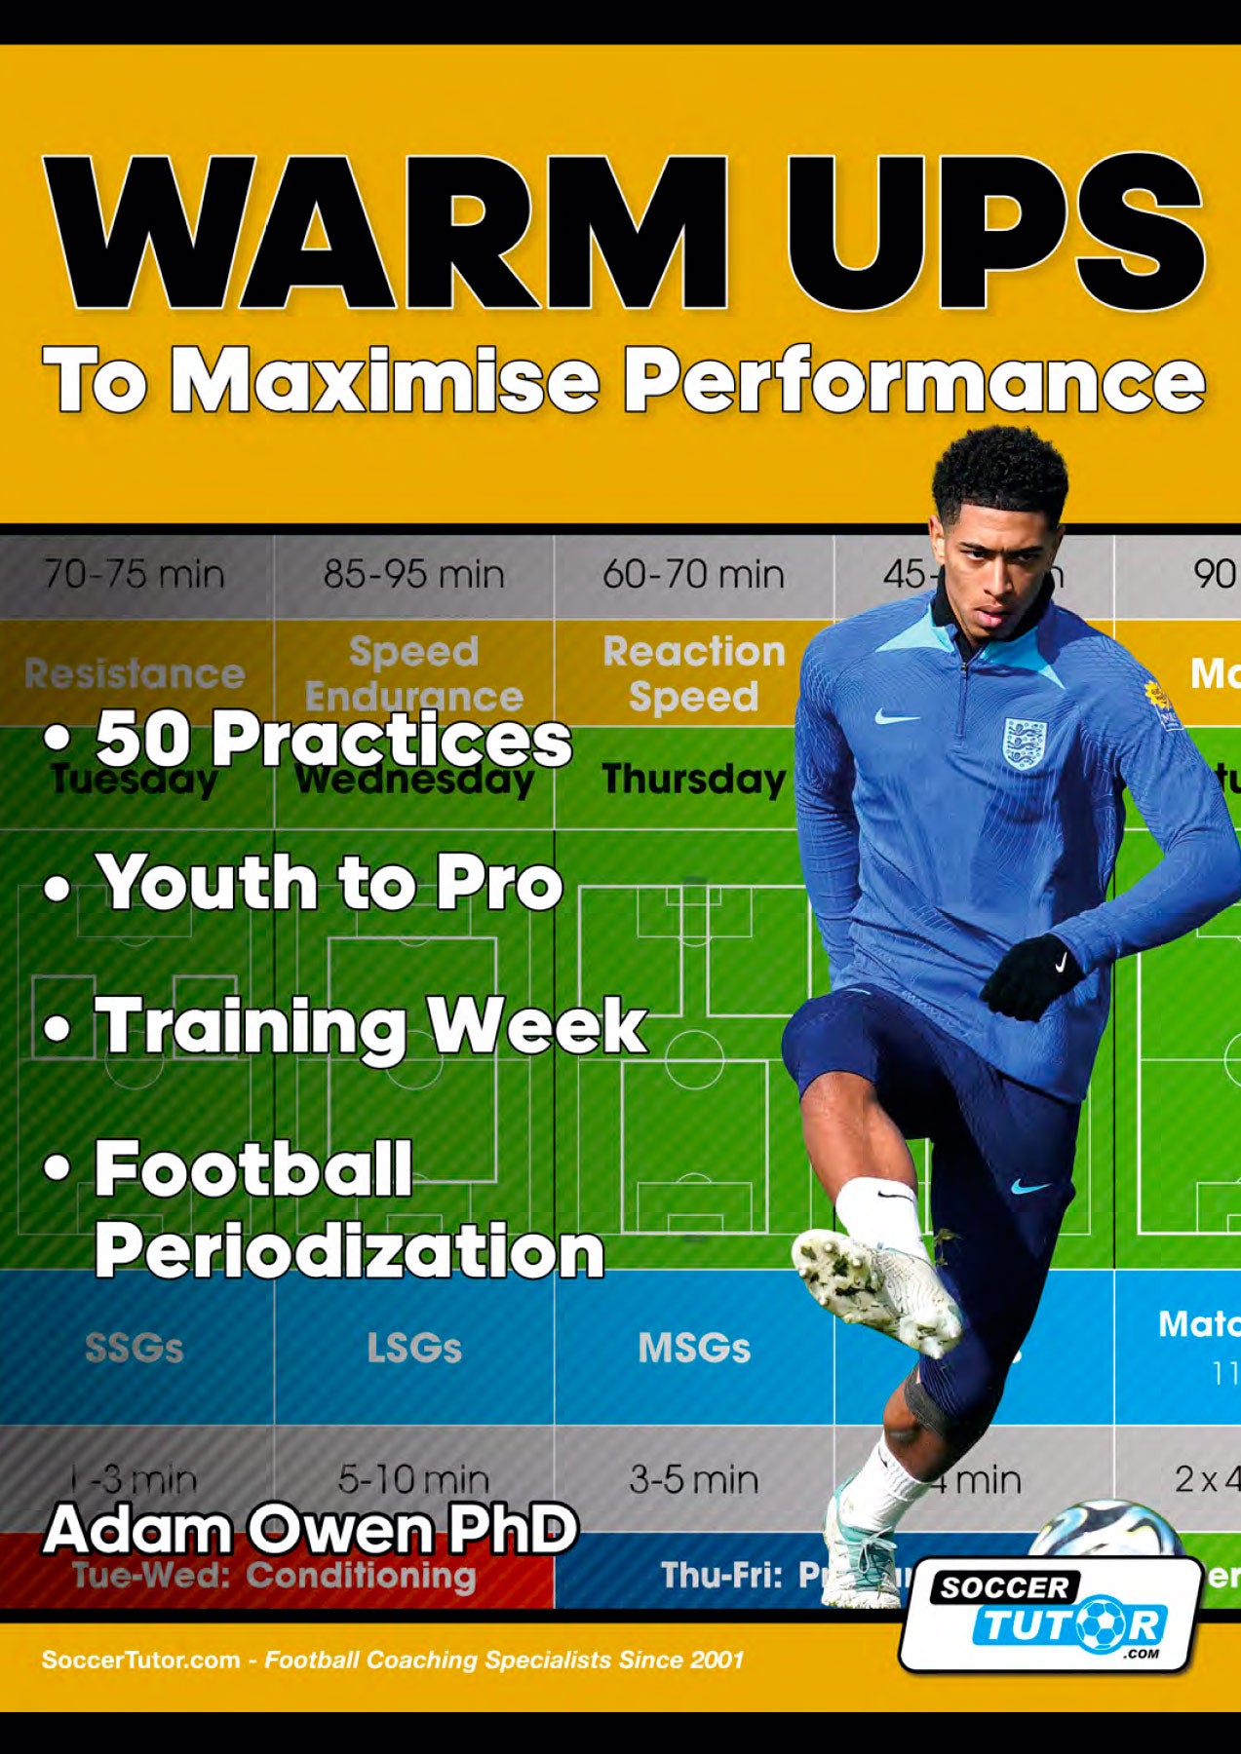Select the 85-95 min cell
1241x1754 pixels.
(414, 574)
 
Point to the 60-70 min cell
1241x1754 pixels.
(693, 574)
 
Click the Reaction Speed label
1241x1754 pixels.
(693, 673)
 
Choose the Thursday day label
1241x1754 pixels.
(693, 779)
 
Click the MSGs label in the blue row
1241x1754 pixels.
(693, 1348)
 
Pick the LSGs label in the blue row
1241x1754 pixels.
(414, 1348)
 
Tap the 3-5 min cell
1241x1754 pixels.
(693, 1479)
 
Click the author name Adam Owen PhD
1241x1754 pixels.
(310, 1528)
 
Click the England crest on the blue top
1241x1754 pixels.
(1024, 744)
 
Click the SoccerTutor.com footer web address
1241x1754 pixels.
(140, 1659)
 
